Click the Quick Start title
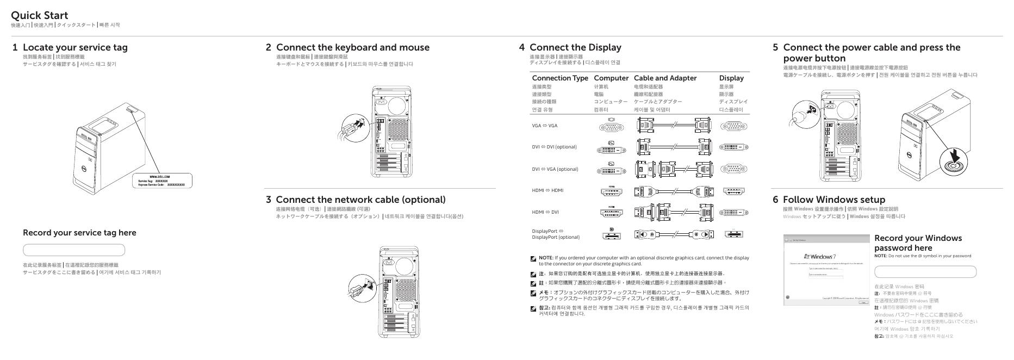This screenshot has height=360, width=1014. click(39, 15)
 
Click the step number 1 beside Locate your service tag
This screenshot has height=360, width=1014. click(15, 47)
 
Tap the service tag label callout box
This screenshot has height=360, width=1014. click(162, 181)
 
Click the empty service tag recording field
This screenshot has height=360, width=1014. click(74, 250)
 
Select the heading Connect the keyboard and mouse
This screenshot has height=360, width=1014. click(352, 47)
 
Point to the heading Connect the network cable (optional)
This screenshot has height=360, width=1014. click(360, 200)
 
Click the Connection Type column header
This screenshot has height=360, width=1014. click(560, 78)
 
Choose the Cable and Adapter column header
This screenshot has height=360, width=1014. click(665, 78)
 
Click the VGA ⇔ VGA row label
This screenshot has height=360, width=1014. click(544, 126)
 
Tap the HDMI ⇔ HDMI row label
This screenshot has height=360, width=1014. click(548, 190)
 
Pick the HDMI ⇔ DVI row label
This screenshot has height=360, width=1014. click(545, 212)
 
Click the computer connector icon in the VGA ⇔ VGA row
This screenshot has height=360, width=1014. click(611, 127)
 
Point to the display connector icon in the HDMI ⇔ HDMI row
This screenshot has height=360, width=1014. click(733, 191)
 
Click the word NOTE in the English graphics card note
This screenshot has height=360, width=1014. click(546, 258)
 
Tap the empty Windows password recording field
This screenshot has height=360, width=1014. click(925, 272)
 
